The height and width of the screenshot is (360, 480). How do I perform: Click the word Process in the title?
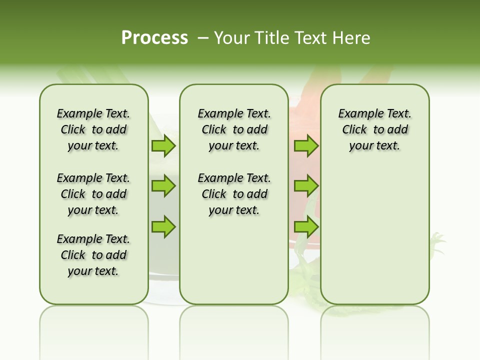click(x=154, y=38)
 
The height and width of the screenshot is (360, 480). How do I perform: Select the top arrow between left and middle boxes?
click(x=163, y=146)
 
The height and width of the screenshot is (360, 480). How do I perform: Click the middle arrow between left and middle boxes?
click(x=163, y=186)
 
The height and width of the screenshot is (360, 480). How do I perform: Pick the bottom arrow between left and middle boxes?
click(x=163, y=226)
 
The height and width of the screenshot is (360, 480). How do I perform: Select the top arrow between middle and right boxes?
click(x=306, y=146)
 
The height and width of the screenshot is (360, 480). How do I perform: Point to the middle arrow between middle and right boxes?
click(x=306, y=186)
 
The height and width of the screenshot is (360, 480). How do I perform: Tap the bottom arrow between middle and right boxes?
click(x=306, y=226)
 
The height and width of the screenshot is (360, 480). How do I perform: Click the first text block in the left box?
click(x=93, y=129)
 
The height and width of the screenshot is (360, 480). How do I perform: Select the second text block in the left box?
click(x=93, y=194)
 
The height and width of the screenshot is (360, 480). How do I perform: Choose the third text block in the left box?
click(x=93, y=255)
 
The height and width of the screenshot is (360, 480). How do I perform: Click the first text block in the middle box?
click(x=234, y=129)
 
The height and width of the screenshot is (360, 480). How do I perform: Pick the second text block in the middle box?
click(x=234, y=194)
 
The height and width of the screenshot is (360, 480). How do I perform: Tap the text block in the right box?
click(x=374, y=129)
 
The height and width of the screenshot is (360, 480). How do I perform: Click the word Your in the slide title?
click(x=231, y=38)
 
